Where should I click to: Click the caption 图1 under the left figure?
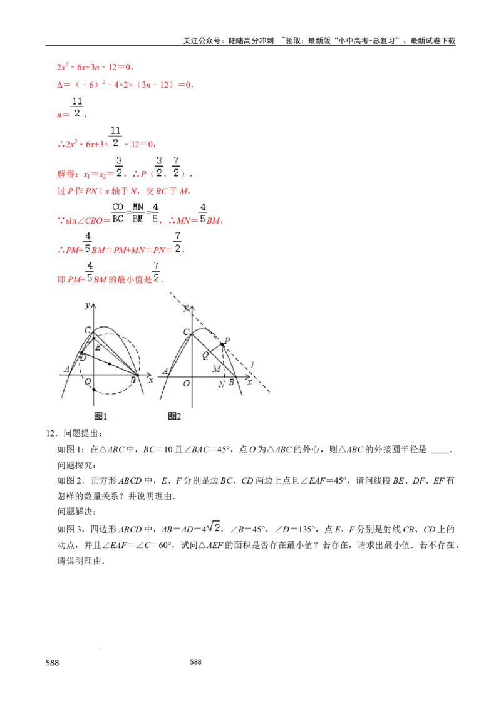[x=101, y=416]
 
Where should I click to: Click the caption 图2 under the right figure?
[x=175, y=416]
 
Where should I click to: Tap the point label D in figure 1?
[x=83, y=357]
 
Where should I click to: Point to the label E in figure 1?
[x=98, y=348]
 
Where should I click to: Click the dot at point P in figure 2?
[x=222, y=344]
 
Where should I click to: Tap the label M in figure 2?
[x=216, y=368]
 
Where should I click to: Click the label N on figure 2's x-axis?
[x=221, y=384]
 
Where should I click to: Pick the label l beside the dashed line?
[x=252, y=365]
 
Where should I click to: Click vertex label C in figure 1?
[x=88, y=330]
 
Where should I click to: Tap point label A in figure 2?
[x=165, y=371]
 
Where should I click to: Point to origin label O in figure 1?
[x=88, y=381]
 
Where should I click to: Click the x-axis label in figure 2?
[x=249, y=381]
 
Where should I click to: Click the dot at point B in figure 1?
[x=138, y=375]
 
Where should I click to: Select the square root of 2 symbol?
[x=215, y=527]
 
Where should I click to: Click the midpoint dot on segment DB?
[x=110, y=364]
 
